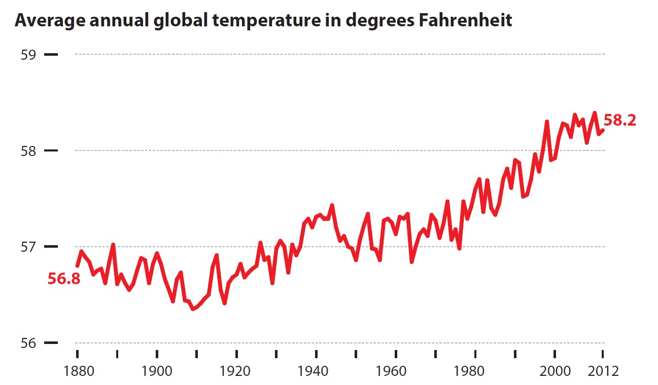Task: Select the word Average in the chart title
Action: click(x=47, y=21)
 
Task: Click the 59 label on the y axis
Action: click(x=29, y=54)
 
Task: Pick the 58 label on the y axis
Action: click(x=29, y=151)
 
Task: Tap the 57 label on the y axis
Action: click(x=29, y=247)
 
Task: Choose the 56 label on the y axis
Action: click(x=29, y=343)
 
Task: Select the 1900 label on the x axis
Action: click(x=157, y=371)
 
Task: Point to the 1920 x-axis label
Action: click(x=236, y=371)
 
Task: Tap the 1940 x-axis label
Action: click(x=316, y=371)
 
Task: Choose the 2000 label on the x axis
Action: click(x=555, y=371)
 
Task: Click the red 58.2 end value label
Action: click(x=620, y=121)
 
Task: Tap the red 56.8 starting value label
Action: click(x=64, y=279)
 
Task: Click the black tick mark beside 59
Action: click(x=51, y=54)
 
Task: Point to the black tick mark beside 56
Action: click(x=51, y=343)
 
